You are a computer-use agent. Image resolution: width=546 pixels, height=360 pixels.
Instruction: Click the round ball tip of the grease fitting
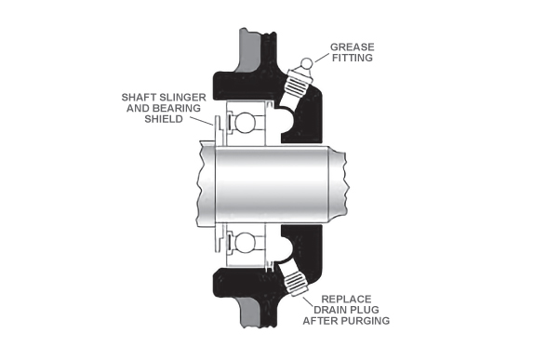pyautogui.click(x=306, y=63)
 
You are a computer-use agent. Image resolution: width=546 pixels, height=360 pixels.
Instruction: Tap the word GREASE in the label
pyautogui.click(x=352, y=47)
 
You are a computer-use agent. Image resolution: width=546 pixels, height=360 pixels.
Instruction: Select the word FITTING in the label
pyautogui.click(x=352, y=58)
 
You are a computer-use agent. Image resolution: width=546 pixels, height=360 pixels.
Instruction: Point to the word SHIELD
pyautogui.click(x=164, y=119)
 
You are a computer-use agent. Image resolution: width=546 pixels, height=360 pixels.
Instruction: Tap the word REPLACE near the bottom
pyautogui.click(x=346, y=300)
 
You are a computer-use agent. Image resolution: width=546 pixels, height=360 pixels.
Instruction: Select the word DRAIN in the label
pyautogui.click(x=329, y=310)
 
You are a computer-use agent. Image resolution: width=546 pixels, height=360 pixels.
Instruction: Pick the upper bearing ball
pyautogui.click(x=245, y=122)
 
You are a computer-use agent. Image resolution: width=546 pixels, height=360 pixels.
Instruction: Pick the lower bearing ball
pyautogui.click(x=245, y=243)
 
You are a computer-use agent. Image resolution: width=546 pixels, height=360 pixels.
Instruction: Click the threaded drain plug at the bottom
pyautogui.click(x=295, y=281)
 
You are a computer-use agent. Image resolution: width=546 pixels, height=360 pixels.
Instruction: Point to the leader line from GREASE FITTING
pyautogui.click(x=322, y=58)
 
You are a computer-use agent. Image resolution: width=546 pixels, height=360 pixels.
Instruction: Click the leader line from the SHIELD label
pyautogui.click(x=202, y=121)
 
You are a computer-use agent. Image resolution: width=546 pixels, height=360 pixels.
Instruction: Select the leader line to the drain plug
pyautogui.click(x=308, y=302)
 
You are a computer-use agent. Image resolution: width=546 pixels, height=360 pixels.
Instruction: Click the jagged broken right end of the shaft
pyautogui.click(x=347, y=184)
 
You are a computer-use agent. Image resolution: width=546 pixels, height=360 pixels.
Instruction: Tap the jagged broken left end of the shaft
pyautogui.click(x=198, y=183)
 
